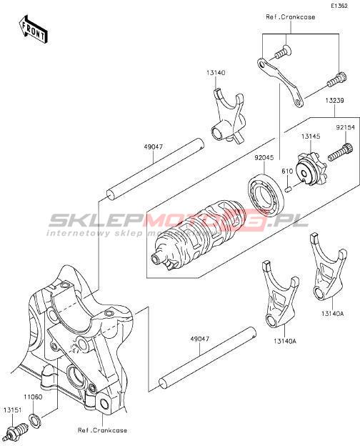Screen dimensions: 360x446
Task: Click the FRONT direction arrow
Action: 34,29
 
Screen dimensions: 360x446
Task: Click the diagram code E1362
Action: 339,6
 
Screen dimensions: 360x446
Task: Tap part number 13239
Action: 335,100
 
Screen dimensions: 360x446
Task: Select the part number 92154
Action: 346,128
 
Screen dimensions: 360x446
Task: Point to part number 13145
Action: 311,137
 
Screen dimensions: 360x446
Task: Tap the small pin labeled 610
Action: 288,189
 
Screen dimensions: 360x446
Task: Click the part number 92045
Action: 264,157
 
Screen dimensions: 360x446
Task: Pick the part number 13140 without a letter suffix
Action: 216,72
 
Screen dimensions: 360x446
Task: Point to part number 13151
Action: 13,410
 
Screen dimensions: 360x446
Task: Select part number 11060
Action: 33,397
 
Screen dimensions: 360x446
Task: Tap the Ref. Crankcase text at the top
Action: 291,17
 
